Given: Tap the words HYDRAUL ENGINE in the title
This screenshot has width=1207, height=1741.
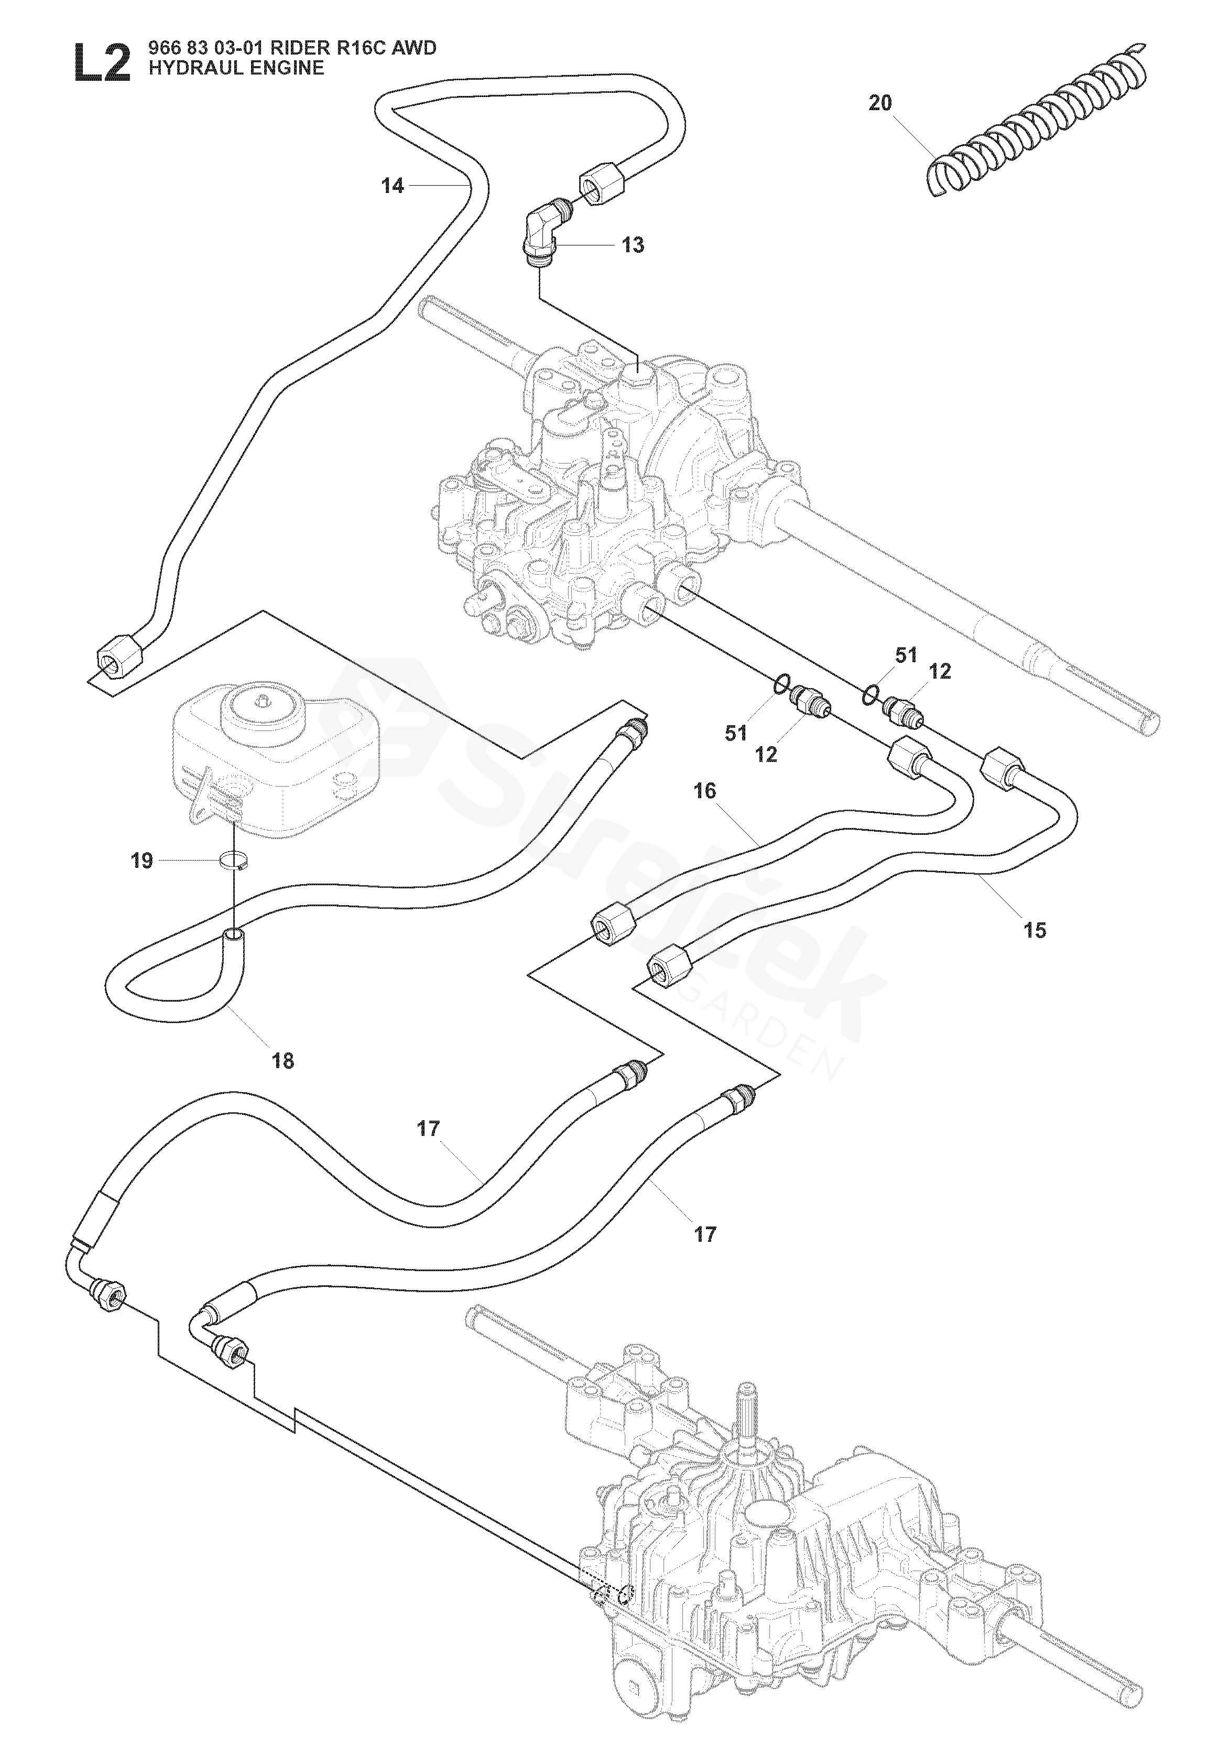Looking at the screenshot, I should point(236,68).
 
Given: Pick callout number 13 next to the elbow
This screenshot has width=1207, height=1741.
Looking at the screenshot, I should point(633,245).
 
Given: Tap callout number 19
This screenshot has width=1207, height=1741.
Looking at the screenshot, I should point(142,861).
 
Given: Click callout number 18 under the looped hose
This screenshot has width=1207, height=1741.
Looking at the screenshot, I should point(283,1061).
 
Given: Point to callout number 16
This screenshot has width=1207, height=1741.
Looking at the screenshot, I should point(704,791).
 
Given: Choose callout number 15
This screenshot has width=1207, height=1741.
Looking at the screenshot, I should point(1035,930).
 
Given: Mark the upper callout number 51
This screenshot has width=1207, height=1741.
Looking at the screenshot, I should point(906,655).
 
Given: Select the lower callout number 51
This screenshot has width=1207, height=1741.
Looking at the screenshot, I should point(736,733).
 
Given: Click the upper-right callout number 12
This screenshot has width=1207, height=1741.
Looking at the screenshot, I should point(940,671).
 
